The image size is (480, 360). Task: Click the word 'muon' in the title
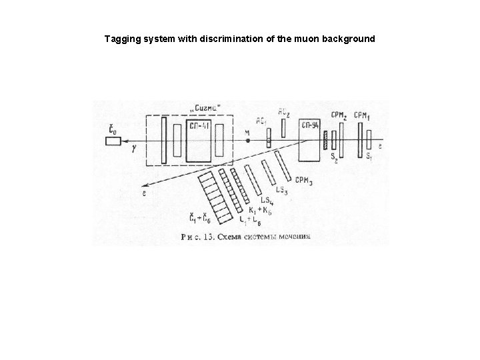coord(305,39)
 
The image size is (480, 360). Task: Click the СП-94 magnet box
coord(310,142)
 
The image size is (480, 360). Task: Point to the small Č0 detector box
coord(113,140)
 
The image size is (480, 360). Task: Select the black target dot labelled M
coord(248,141)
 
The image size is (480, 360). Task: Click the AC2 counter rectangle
coord(285,127)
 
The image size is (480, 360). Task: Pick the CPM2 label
coord(338,116)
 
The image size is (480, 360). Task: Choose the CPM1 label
coord(363,116)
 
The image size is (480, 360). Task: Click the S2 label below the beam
coord(334,159)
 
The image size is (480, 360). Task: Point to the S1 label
coord(369,156)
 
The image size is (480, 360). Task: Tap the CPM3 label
coord(305,180)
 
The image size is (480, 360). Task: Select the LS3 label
coord(281,191)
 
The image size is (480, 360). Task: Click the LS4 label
coord(266,200)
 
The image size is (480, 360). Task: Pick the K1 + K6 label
coord(259,209)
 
